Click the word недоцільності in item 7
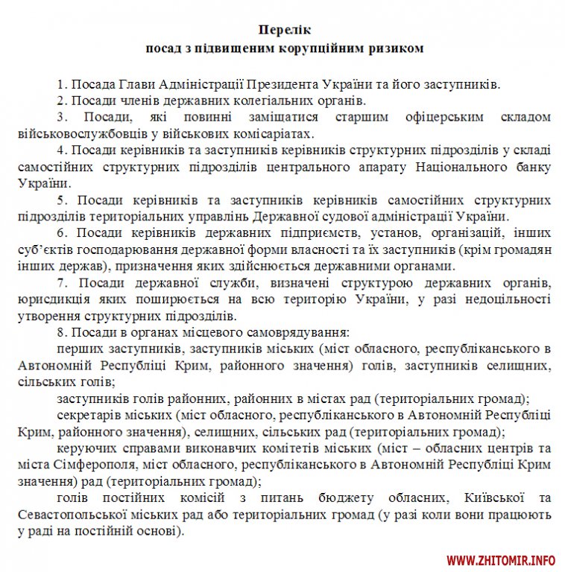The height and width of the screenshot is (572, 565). click(506, 299)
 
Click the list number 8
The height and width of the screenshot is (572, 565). click(60, 332)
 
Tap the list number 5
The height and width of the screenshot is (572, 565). click(60, 200)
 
